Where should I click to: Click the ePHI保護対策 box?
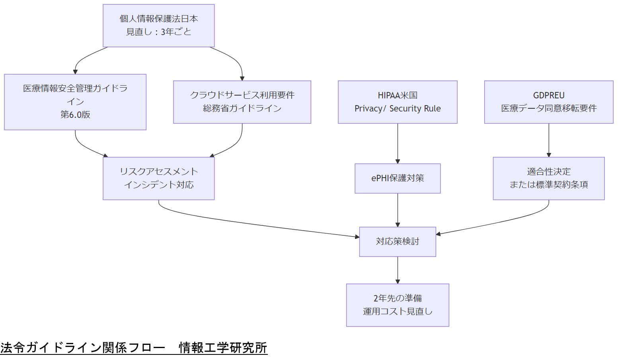398,178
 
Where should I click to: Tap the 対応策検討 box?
398,242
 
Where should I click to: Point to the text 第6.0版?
75,115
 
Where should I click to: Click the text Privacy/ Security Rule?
398,109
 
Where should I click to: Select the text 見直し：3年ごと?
158,32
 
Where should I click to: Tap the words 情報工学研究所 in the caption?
223,348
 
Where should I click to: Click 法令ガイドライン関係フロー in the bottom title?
83,348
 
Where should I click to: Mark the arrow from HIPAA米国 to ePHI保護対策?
398,143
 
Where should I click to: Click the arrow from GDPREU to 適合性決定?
549,140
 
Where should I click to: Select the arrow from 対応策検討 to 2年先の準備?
398,270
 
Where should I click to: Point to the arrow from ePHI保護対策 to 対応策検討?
398,210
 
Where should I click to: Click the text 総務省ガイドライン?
242,108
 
